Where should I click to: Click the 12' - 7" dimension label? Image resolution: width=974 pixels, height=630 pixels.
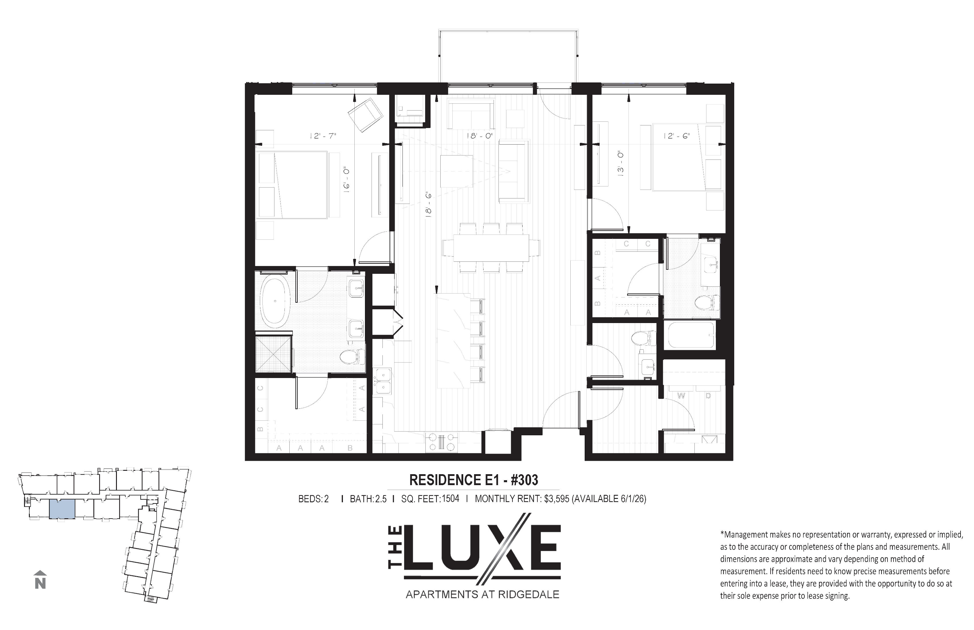click(323, 135)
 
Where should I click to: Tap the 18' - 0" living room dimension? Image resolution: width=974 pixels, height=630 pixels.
click(480, 135)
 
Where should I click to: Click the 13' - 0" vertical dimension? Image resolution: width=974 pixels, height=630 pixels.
click(620, 163)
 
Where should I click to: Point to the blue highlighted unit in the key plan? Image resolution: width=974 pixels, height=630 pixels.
click(62, 509)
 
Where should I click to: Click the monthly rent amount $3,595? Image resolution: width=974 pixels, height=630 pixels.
click(557, 499)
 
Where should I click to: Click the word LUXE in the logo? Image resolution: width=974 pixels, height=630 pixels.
click(482, 549)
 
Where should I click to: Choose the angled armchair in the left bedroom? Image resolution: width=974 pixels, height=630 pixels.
click(366, 115)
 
